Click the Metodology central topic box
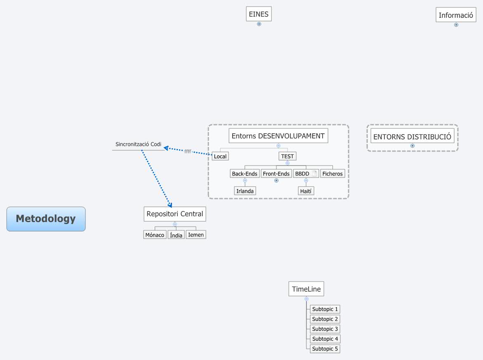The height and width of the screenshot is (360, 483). pyautogui.click(x=46, y=219)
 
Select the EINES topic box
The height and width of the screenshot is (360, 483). pyautogui.click(x=259, y=14)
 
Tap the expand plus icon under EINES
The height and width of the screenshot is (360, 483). pyautogui.click(x=259, y=24)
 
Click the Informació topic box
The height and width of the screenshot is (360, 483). pyautogui.click(x=456, y=15)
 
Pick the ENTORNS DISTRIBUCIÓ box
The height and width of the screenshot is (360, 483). pyautogui.click(x=412, y=137)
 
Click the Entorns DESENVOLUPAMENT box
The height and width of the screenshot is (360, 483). pyautogui.click(x=278, y=136)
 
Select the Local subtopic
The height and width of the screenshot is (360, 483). pyautogui.click(x=220, y=156)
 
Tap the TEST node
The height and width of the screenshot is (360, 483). pyautogui.click(x=287, y=156)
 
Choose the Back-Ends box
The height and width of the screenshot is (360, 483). pyautogui.click(x=245, y=174)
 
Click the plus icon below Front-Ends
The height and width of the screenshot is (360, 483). pyautogui.click(x=276, y=180)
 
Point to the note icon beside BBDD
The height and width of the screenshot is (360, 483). pyautogui.click(x=314, y=174)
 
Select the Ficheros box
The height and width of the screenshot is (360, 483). pyautogui.click(x=332, y=174)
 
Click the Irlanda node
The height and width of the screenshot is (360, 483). pyautogui.click(x=245, y=191)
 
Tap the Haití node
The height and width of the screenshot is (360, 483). pyautogui.click(x=306, y=191)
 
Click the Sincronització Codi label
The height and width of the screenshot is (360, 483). pyautogui.click(x=138, y=144)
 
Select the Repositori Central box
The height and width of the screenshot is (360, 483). pyautogui.click(x=175, y=214)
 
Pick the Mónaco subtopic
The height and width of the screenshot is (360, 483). pyautogui.click(x=155, y=235)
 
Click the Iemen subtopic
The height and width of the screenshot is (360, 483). pyautogui.click(x=196, y=234)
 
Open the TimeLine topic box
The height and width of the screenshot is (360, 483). pyautogui.click(x=306, y=289)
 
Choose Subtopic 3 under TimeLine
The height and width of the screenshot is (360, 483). pyautogui.click(x=325, y=329)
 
